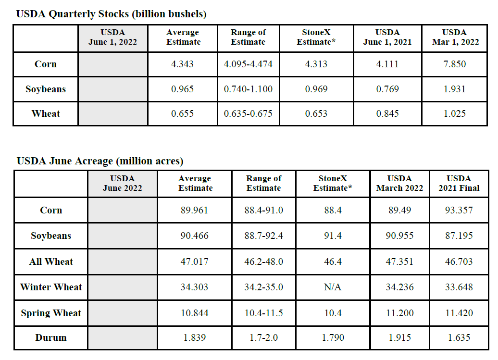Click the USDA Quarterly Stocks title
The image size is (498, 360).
(x=111, y=14)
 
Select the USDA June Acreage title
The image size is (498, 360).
(x=100, y=161)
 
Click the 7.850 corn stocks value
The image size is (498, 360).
(x=454, y=64)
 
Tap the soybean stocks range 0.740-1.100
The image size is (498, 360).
(x=248, y=89)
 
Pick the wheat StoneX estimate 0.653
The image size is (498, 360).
(x=316, y=113)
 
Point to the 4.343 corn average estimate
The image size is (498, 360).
(x=182, y=64)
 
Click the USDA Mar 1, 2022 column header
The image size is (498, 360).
(x=455, y=37)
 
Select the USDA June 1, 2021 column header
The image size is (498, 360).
(x=387, y=37)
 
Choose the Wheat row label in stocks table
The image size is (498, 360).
(x=46, y=113)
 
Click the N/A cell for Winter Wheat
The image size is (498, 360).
(x=333, y=287)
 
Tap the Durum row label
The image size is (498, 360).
(x=51, y=337)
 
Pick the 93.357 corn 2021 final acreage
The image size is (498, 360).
(x=459, y=210)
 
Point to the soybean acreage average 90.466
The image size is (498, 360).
(x=194, y=236)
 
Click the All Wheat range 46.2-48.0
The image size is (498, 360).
(x=263, y=261)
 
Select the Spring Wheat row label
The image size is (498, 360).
(x=51, y=313)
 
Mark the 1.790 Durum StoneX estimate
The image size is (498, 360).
(x=333, y=337)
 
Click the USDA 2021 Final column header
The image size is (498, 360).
(x=459, y=183)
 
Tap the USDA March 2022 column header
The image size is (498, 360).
(x=399, y=183)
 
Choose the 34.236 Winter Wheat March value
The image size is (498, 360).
(x=399, y=287)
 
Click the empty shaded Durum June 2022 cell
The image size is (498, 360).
(x=123, y=338)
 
